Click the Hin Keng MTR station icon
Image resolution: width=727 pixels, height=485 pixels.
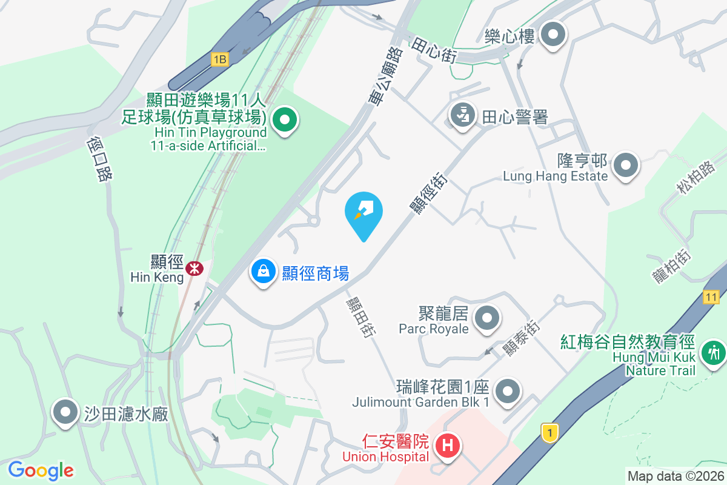(194, 268)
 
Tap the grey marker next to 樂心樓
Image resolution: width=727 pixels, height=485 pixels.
(553, 35)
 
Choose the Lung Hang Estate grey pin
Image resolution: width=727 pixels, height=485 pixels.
(626, 165)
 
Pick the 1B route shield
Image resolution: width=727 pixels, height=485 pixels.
(219, 59)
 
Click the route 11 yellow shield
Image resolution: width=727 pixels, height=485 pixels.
(711, 296)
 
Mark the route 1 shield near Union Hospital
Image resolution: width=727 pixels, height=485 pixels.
(549, 433)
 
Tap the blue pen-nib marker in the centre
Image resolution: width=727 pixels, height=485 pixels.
(363, 212)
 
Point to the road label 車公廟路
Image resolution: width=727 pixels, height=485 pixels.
(386, 77)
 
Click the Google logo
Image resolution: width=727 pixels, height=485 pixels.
(41, 470)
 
